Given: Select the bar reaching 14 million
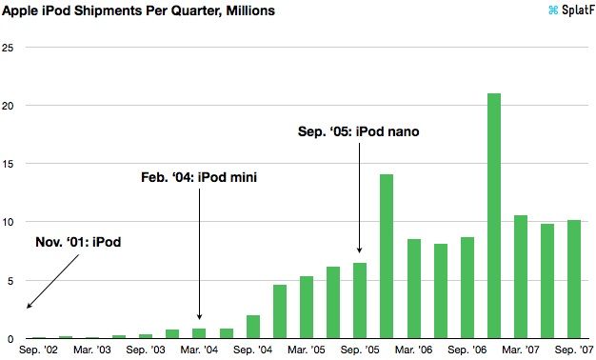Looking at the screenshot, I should pos(387,256).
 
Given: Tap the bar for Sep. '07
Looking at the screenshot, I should pos(574,279).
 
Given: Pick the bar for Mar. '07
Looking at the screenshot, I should pos(521,276).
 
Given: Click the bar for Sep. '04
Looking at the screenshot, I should pos(253,327).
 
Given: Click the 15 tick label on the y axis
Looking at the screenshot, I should pos(9,164).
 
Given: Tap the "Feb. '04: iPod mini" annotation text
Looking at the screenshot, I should pos(200,176).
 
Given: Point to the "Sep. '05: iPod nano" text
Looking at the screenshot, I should pos(359,130).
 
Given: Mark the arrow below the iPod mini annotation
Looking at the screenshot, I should pos(199,252).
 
